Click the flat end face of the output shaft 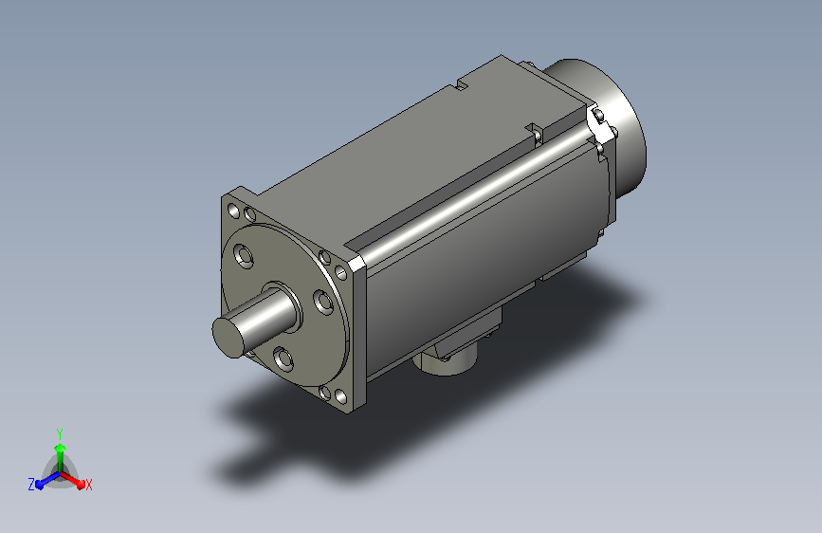pos(228,338)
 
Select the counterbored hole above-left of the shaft pos(244,255)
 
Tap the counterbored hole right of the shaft pos(323,303)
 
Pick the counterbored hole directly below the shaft pos(283,358)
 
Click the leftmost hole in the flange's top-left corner pos(234,211)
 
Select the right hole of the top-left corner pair pos(250,214)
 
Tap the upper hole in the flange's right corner pos(325,257)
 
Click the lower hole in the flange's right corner pos(340,273)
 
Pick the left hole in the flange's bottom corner pos(325,393)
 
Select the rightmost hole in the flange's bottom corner pos(340,396)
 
